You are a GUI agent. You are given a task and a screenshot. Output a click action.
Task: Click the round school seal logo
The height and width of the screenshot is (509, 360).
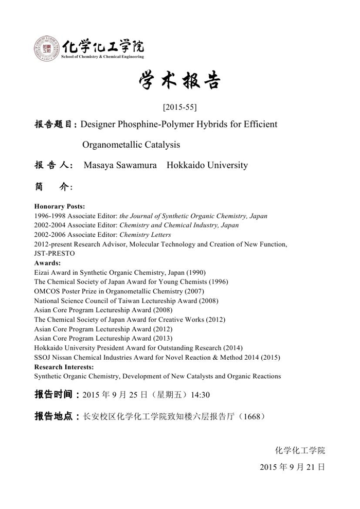tap(47, 49)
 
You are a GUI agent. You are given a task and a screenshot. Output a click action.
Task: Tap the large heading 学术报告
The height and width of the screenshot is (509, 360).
tap(179, 81)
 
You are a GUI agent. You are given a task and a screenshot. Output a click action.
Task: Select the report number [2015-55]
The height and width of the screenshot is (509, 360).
tap(179, 107)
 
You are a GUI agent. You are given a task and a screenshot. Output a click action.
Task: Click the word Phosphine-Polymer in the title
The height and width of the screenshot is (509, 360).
tap(154, 124)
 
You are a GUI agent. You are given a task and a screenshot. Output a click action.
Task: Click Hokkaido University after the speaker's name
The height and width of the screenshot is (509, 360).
tap(207, 165)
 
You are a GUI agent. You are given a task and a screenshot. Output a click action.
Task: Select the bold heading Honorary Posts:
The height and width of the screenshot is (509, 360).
tap(60, 206)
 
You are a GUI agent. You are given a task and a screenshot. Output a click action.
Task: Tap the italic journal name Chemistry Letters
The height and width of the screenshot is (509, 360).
tap(145, 235)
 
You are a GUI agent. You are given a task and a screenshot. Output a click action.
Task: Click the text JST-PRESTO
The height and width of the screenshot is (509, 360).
tap(55, 253)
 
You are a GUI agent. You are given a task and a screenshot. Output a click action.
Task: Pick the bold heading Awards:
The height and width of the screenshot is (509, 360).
tap(47, 263)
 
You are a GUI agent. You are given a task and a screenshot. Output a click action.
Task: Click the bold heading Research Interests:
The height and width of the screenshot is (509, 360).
tap(64, 367)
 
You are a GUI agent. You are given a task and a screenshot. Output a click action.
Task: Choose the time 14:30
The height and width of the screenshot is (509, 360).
tap(200, 395)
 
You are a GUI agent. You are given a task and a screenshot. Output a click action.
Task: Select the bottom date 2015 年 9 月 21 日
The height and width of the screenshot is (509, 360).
tap(292, 467)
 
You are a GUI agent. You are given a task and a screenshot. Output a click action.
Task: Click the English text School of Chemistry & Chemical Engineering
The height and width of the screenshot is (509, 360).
tap(102, 57)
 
